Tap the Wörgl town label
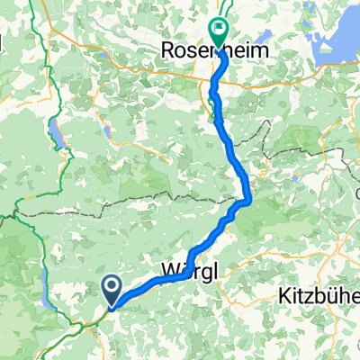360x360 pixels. tap(191, 270)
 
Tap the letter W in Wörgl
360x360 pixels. tap(168, 270)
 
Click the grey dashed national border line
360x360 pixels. tap(135, 199)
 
